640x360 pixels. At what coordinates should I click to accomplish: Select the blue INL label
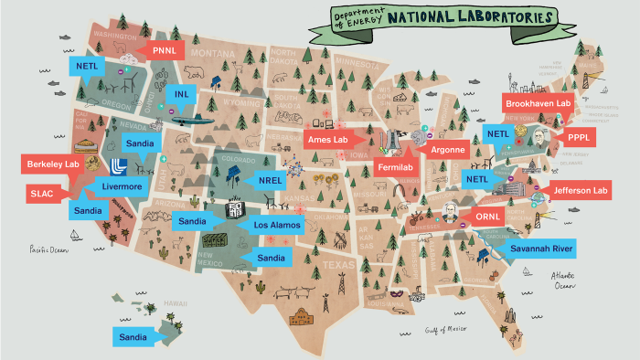tap(179, 93)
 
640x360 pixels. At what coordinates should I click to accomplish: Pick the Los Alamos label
tap(273, 225)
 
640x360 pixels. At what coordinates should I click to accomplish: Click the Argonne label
tap(447, 149)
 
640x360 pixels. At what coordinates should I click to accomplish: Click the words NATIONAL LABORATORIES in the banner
tap(470, 17)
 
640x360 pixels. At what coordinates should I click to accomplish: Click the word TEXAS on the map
tap(313, 266)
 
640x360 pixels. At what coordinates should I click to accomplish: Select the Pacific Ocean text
tap(49, 248)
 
